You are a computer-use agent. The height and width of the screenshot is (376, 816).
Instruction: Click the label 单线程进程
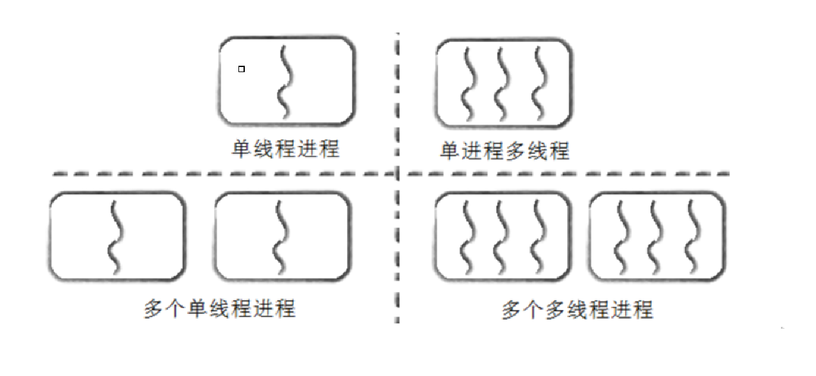click(x=285, y=149)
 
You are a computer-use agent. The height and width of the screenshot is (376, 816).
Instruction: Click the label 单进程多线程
click(x=504, y=151)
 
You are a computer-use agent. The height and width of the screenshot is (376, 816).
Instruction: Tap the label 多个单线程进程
click(x=220, y=309)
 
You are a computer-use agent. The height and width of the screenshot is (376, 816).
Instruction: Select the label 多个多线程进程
click(x=578, y=310)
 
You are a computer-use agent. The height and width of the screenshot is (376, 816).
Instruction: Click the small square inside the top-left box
click(x=242, y=69)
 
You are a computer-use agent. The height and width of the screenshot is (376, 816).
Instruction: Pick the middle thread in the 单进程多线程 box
click(x=504, y=82)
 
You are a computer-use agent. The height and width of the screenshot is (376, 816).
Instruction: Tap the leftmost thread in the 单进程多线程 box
click(x=470, y=82)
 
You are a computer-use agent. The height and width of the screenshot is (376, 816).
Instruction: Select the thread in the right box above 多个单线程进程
click(x=279, y=236)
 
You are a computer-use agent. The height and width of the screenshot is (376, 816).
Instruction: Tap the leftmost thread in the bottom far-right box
click(x=619, y=236)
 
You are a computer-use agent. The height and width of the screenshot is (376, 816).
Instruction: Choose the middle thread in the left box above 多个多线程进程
click(x=504, y=236)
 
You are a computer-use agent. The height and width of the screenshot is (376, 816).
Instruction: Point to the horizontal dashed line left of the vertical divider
click(x=223, y=174)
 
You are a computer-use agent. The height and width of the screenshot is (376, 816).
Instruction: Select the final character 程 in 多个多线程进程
click(x=643, y=310)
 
